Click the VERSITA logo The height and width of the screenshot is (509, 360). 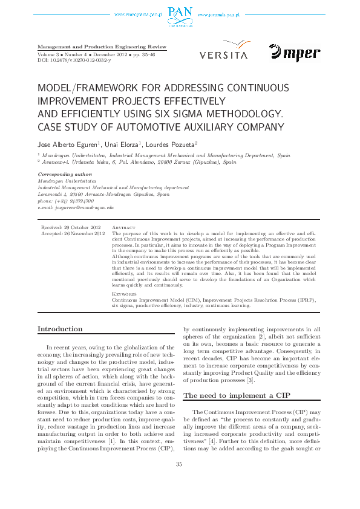click(223, 51)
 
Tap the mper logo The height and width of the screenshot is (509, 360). click(295, 53)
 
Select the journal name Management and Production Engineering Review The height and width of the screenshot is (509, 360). click(102, 47)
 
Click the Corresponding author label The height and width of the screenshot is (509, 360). click(62, 174)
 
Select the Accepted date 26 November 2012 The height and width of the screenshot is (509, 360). click(73, 233)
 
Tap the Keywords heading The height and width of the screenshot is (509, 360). click(125, 294)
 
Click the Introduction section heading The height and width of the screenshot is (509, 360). click(60, 329)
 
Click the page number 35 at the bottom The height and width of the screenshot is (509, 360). click(179, 481)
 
